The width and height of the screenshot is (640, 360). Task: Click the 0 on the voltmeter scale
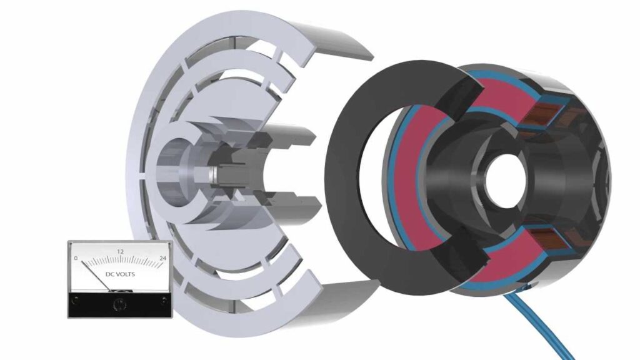coord(76,258)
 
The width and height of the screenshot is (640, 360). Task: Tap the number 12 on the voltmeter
coord(121,252)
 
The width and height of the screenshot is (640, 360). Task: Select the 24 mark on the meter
coord(163,258)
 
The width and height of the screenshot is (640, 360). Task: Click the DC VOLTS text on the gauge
coord(120,274)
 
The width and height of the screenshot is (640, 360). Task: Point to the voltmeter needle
coord(96,276)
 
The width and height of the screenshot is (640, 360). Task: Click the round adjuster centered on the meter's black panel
coord(119,304)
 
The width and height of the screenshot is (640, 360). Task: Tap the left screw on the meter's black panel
coord(76,301)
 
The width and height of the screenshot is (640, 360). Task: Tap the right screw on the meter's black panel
coord(163,301)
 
